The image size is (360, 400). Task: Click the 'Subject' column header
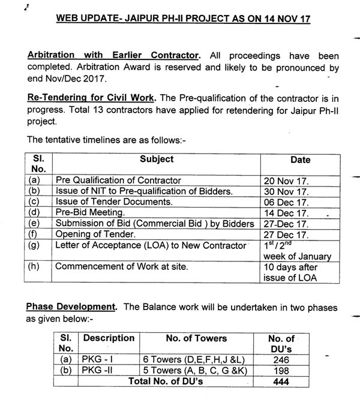click(x=157, y=160)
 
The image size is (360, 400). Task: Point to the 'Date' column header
click(x=300, y=160)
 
